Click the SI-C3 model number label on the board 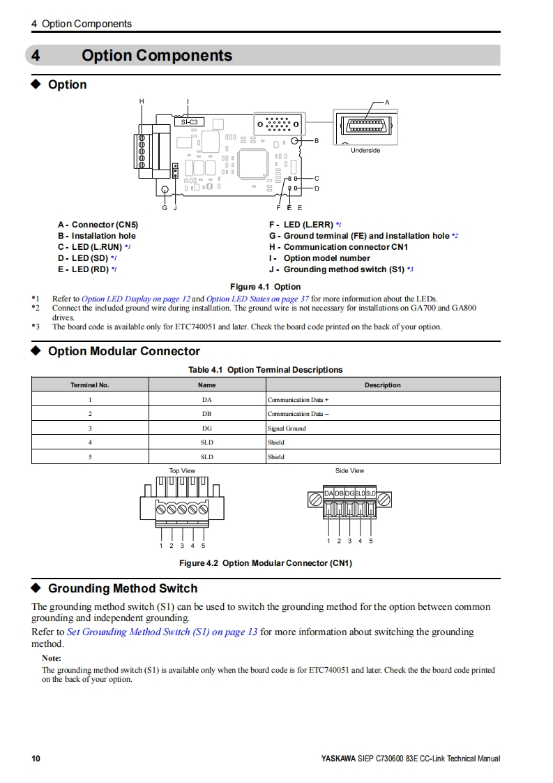189,122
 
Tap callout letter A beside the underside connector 387,103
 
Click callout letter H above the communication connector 142,102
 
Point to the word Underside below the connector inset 365,150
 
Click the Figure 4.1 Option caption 265,287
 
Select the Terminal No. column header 90,385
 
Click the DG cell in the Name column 207,428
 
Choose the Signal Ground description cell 287,428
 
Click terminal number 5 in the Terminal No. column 90,457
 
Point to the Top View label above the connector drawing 182,471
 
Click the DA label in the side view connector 328,493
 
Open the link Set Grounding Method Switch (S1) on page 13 162,632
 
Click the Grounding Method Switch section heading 122,588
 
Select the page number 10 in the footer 36,759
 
